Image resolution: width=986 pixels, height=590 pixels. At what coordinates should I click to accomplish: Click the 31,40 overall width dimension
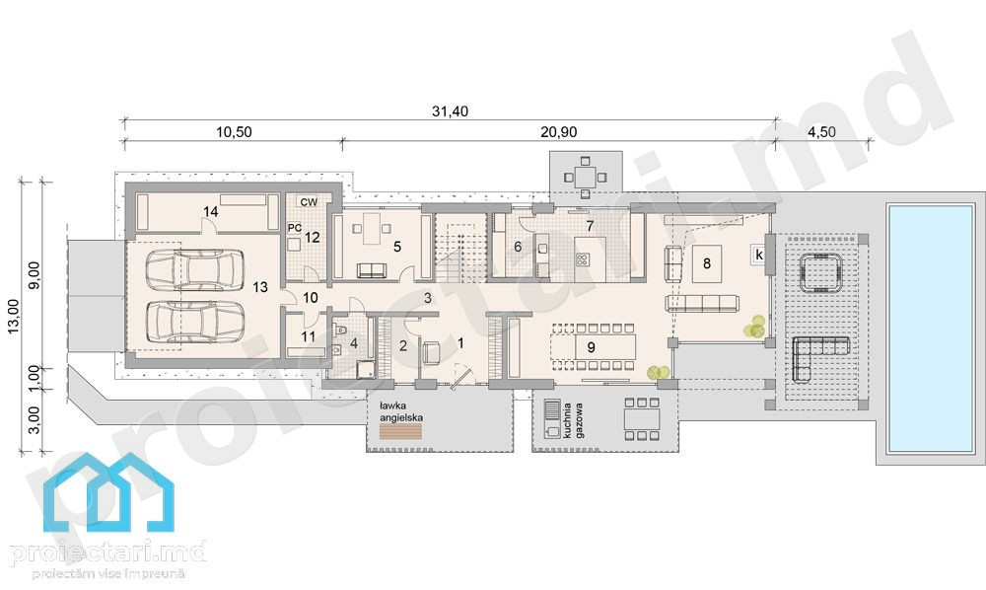(x=450, y=111)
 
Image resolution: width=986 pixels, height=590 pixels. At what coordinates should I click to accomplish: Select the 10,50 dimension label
(x=234, y=132)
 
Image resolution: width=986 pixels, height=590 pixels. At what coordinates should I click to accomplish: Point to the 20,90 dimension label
(x=558, y=132)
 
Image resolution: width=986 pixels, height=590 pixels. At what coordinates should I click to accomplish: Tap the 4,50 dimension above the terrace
(x=822, y=132)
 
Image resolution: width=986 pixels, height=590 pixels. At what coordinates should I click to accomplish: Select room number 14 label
(x=211, y=212)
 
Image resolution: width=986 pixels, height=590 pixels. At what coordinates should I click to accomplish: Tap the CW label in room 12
(x=309, y=202)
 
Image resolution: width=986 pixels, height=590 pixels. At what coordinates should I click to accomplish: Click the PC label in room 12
(x=294, y=228)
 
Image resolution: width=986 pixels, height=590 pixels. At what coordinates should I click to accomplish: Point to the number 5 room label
(x=397, y=247)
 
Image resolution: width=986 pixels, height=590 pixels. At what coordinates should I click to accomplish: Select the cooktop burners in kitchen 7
(x=583, y=258)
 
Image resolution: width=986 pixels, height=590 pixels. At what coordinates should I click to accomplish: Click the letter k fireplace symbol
(x=759, y=255)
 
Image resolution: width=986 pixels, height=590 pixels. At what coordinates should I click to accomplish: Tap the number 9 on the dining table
(x=591, y=346)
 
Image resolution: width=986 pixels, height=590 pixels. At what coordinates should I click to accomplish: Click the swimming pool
(x=930, y=328)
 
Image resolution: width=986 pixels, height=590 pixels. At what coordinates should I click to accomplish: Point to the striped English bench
(x=400, y=431)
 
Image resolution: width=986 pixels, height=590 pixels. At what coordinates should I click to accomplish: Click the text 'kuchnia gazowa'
(x=575, y=420)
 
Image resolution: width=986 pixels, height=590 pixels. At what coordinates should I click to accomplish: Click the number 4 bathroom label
(x=354, y=343)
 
